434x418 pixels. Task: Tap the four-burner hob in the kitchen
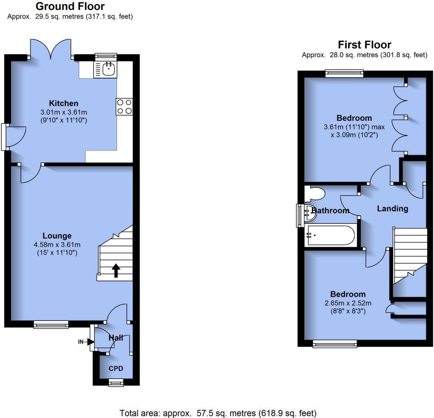124,106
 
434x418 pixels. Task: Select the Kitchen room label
64,103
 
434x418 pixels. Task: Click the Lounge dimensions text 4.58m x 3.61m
57,245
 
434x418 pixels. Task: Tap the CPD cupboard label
116,369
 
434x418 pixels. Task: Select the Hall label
116,338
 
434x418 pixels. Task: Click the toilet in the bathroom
316,194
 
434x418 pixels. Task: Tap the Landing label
392,209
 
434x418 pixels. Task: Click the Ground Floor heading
70,6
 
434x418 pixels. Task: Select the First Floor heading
364,45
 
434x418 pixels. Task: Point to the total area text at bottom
218,413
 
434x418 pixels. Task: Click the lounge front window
51,324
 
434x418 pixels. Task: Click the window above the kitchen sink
105,56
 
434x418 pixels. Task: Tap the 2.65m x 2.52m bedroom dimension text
348,303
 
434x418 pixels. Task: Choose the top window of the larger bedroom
344,73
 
